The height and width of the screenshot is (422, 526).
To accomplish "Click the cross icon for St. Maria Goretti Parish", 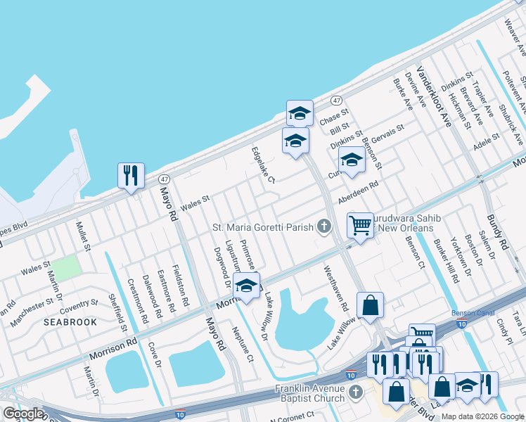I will [x=323, y=226].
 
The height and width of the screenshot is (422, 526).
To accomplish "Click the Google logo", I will [x=23, y=414].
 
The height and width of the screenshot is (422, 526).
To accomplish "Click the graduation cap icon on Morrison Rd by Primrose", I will [x=246, y=286].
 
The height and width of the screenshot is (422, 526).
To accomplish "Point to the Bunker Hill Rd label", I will [x=445, y=260].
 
